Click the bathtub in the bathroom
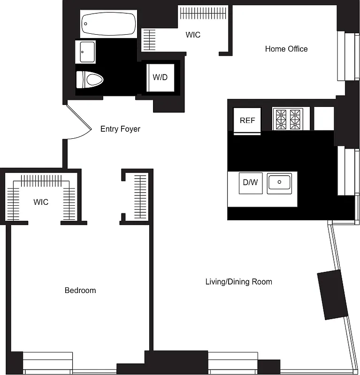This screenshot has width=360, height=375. [x=109, y=24]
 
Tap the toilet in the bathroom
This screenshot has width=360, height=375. [x=90, y=79]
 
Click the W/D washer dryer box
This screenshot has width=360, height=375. [x=160, y=77]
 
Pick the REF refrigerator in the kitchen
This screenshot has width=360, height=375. [x=247, y=120]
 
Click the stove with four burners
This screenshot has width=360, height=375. [x=288, y=119]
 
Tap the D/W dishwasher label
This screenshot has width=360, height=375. [x=250, y=182]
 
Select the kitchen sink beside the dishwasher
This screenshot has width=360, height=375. [x=279, y=183]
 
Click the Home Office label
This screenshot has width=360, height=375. [x=286, y=49]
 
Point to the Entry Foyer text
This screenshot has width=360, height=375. [x=120, y=129]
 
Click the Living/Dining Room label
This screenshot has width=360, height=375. [x=238, y=282]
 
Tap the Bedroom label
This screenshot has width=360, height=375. [x=80, y=291]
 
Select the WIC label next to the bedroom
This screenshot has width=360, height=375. [x=41, y=202]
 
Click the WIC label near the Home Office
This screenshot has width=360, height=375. [x=193, y=35]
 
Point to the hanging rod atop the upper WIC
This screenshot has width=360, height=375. [x=204, y=13]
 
